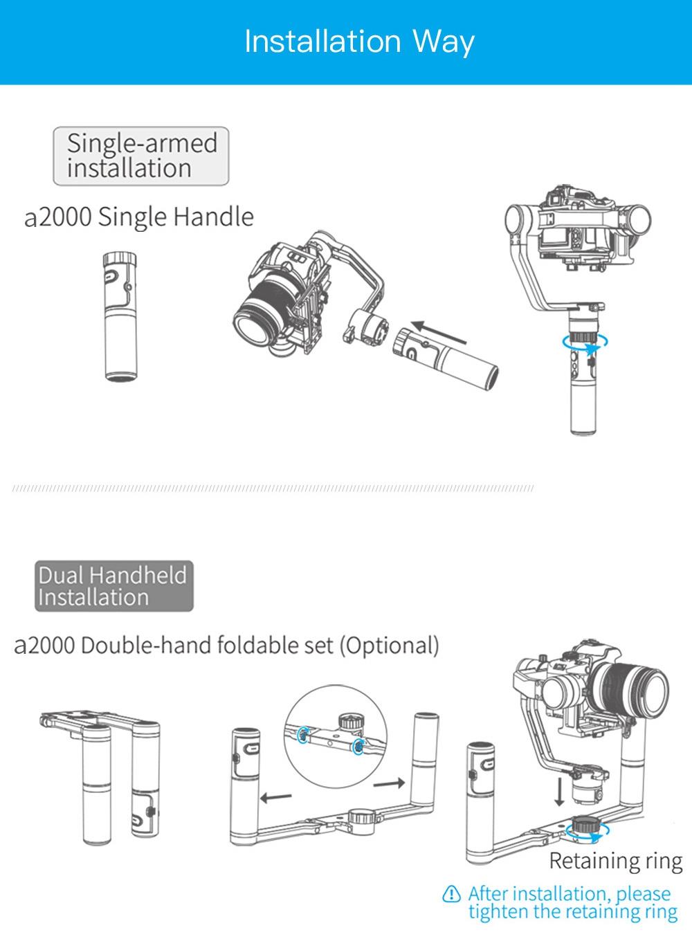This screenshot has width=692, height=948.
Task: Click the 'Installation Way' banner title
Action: click(359, 42)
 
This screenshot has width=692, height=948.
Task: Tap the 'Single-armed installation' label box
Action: click(141, 156)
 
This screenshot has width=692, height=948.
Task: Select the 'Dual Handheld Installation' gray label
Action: click(114, 586)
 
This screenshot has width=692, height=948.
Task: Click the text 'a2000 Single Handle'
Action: click(139, 217)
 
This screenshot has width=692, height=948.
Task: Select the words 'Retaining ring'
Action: click(615, 862)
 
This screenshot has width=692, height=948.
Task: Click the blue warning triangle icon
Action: click(451, 893)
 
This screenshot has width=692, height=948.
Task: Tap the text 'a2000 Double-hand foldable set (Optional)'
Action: click(227, 646)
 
